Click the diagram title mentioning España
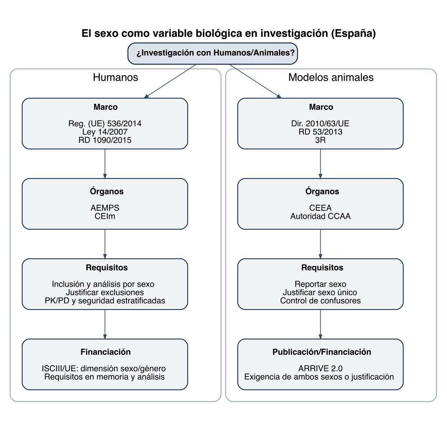[228, 33]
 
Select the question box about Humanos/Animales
[213, 53]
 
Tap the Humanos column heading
[115, 77]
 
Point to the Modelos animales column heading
[331, 77]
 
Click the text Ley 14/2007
[105, 132]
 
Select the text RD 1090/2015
[105, 140]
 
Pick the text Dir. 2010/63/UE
[320, 124]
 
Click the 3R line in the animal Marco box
[320, 140]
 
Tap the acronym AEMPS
[105, 208]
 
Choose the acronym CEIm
[105, 216]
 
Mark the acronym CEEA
[320, 208]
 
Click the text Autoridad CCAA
[320, 216]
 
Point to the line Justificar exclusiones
[105, 293]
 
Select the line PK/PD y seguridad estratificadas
[105, 301]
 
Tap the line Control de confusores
[320, 301]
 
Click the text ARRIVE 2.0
[320, 368]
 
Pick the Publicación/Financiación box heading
[322, 352]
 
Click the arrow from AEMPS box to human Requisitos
[105, 244]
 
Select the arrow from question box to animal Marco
[255, 81]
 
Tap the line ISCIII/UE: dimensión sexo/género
[104, 368]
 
